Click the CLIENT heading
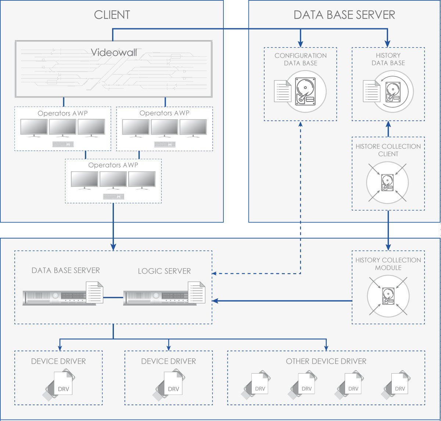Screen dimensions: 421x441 pyautogui.click(x=112, y=15)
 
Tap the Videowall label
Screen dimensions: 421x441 pyautogui.click(x=114, y=52)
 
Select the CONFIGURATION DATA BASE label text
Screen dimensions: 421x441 pyautogui.click(x=301, y=59)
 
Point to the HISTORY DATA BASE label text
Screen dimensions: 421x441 pyautogui.click(x=388, y=59)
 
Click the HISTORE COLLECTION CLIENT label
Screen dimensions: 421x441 pyautogui.click(x=388, y=150)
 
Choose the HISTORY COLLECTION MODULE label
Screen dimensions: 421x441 pyautogui.click(x=388, y=264)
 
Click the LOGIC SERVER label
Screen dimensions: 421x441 pyautogui.click(x=164, y=271)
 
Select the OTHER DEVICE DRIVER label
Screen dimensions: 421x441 pyautogui.click(x=326, y=361)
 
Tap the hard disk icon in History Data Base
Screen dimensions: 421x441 pyautogui.click(x=392, y=92)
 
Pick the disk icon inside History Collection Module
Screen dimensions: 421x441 pyautogui.click(x=388, y=296)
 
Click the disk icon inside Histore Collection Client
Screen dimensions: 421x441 pyautogui.click(x=387, y=182)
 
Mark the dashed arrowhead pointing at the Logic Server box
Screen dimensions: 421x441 pyautogui.click(x=215, y=274)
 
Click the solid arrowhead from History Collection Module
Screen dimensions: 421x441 pyautogui.click(x=215, y=301)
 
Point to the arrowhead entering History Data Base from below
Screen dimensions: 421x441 pyautogui.click(x=388, y=124)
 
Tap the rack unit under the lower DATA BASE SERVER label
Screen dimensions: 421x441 pyautogui.click(x=55, y=297)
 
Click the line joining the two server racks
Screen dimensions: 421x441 pyautogui.click(x=113, y=297)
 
